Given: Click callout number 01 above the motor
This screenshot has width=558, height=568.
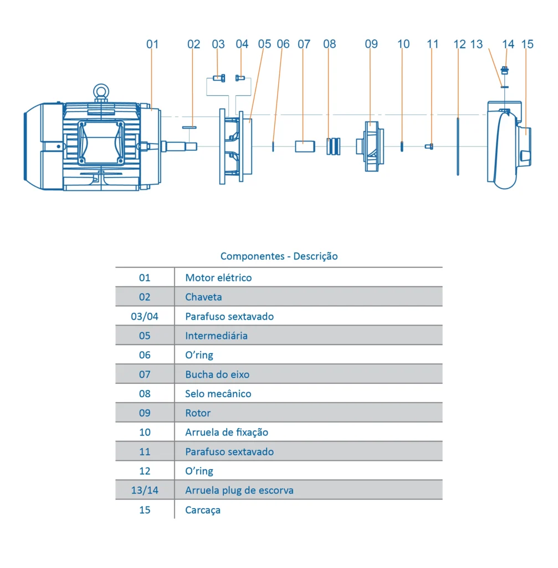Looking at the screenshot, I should (152, 44).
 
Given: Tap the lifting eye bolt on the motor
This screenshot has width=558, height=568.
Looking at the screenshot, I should (100, 91).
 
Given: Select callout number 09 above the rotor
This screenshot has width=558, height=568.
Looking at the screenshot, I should (371, 44).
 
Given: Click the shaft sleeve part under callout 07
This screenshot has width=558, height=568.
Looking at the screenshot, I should (304, 146).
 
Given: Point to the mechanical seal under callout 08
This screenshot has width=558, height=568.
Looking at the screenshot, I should (332, 146).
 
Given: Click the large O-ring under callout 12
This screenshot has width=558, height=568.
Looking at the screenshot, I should (458, 146).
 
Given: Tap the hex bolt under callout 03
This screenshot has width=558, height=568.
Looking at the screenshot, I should (219, 78).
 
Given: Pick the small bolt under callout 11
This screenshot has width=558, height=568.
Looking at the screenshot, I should (429, 146).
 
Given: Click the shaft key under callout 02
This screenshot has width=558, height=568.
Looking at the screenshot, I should (190, 127).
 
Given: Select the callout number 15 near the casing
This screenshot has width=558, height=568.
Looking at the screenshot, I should (528, 44).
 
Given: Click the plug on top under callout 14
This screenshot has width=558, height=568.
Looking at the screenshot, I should (505, 70).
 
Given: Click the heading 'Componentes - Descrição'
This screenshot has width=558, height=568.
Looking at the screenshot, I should (279, 256).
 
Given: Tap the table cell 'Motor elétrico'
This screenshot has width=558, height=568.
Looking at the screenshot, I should (218, 278).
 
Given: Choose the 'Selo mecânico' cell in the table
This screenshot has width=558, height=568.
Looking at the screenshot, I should (218, 394).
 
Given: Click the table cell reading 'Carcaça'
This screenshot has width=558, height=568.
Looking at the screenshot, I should (203, 510).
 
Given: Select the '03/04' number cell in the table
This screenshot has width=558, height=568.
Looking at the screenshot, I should (145, 316).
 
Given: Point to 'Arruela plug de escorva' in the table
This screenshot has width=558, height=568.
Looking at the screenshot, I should (239, 490).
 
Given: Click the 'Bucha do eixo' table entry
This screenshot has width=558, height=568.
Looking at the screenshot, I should (217, 374).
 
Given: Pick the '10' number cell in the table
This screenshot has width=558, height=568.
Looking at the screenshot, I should (145, 432).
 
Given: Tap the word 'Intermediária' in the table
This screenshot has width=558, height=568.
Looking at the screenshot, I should (216, 336).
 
